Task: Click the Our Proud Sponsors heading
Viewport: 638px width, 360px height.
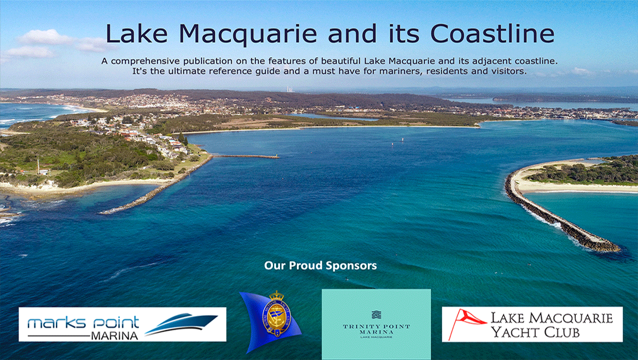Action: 320,265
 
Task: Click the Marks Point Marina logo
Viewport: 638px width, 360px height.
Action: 122,324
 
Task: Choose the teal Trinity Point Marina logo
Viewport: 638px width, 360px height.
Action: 376,324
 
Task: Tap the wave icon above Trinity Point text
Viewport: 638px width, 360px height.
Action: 376,314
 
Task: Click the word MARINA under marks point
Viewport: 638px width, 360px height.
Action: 114,336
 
